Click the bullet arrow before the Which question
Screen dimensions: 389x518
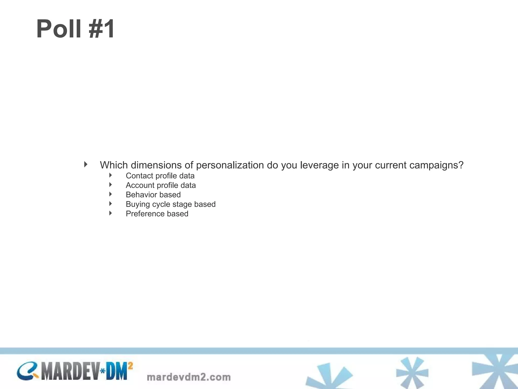(86, 164)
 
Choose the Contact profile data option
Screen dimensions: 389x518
(160, 176)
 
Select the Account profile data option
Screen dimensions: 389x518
(161, 185)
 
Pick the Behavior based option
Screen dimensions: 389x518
(153, 195)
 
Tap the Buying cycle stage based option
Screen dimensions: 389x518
(171, 204)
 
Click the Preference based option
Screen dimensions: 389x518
(157, 214)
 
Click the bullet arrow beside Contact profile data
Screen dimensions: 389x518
(111, 175)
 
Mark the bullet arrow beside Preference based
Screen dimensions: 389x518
(111, 213)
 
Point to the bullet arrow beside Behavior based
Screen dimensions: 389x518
(111, 194)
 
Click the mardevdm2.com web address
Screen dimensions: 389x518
(189, 377)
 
